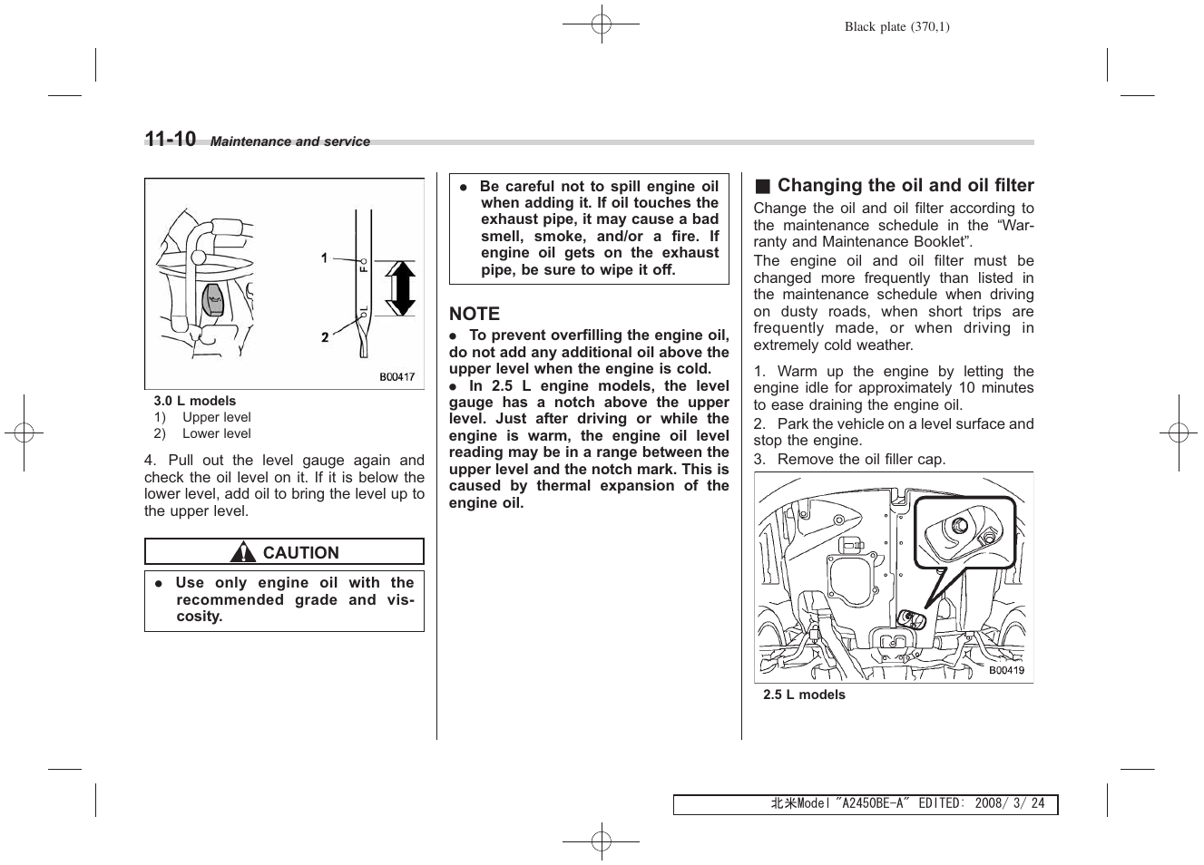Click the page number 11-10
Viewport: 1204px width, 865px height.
(x=171, y=139)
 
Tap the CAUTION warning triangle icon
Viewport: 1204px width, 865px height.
(x=243, y=552)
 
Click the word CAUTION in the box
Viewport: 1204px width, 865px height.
(x=300, y=552)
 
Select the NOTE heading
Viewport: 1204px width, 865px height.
(x=475, y=314)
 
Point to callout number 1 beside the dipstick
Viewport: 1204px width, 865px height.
(x=325, y=258)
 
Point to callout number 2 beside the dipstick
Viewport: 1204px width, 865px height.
(x=325, y=337)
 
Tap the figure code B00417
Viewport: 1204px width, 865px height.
(x=396, y=377)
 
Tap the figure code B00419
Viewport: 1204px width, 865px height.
(x=1006, y=671)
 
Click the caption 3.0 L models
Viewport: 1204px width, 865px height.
(x=194, y=401)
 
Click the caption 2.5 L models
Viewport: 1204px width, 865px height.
(x=804, y=695)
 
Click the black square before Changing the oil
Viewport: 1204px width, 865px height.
(x=762, y=187)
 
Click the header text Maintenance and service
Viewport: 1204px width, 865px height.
(x=290, y=141)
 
